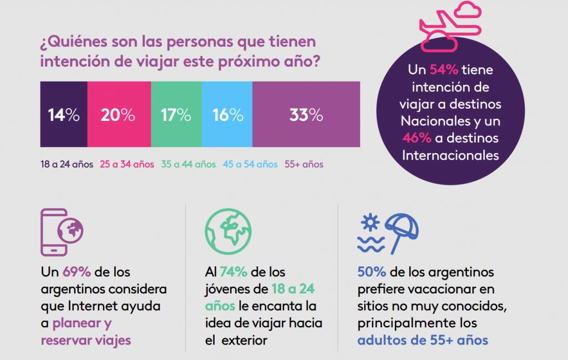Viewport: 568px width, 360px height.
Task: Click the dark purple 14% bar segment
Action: (x=63, y=114)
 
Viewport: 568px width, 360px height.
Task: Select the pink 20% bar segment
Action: (x=118, y=114)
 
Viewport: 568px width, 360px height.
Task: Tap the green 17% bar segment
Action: (x=176, y=114)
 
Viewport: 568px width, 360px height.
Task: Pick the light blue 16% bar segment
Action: (x=227, y=114)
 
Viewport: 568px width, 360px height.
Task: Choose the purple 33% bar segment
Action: (x=306, y=114)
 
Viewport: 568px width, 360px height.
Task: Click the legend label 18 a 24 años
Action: (x=66, y=164)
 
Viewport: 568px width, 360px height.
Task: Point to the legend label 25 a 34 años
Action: (x=127, y=164)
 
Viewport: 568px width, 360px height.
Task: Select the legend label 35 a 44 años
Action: (x=188, y=164)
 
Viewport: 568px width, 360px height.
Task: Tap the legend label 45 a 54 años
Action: (x=250, y=164)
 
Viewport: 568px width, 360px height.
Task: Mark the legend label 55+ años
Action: (x=303, y=164)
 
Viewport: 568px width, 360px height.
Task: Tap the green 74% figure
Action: (x=233, y=272)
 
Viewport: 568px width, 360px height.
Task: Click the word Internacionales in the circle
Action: (x=450, y=155)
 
